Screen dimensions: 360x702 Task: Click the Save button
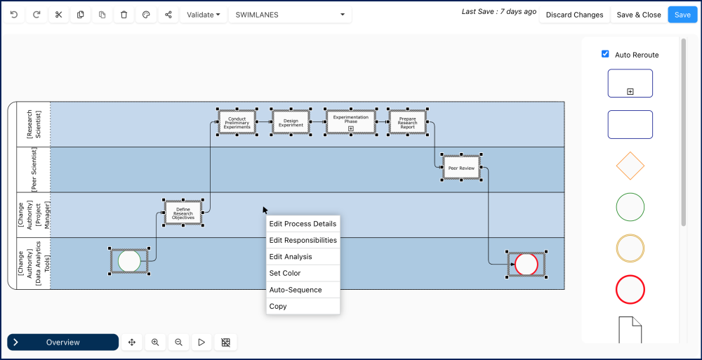click(682, 15)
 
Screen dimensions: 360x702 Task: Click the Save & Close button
click(639, 15)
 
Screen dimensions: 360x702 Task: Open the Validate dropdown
click(204, 15)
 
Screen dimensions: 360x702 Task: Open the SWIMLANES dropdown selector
click(291, 15)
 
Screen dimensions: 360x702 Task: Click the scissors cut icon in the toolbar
click(58, 15)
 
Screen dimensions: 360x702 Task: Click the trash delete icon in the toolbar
click(124, 15)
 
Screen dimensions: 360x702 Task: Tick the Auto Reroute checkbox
click(605, 54)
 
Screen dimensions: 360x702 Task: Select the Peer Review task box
click(461, 168)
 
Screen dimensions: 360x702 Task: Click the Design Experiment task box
click(291, 122)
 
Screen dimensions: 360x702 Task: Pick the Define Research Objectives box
click(183, 213)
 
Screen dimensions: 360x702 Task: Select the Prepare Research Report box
click(407, 122)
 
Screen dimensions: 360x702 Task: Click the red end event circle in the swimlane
click(526, 265)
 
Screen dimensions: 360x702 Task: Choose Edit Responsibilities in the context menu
click(303, 240)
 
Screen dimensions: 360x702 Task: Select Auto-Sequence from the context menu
click(295, 290)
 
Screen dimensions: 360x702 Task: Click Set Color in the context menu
click(285, 273)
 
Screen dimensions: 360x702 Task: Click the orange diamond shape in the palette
click(630, 166)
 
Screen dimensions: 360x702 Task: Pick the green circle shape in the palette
click(630, 207)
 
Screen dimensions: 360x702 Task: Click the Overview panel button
click(62, 342)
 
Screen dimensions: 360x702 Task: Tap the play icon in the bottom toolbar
click(201, 342)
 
